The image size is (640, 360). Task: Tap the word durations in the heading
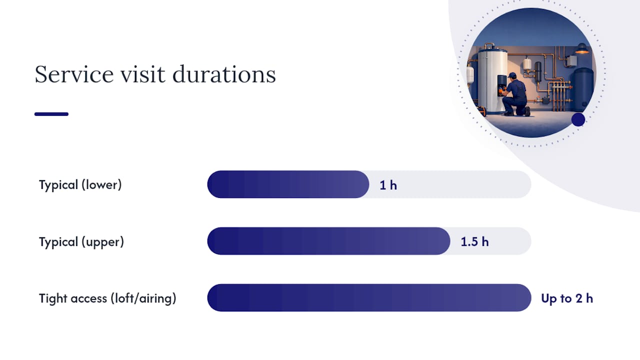pyautogui.click(x=224, y=74)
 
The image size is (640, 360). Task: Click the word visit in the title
pyautogui.click(x=143, y=74)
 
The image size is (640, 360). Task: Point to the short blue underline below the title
pyautogui.click(x=51, y=114)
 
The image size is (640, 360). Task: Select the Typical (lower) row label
pyautogui.click(x=80, y=185)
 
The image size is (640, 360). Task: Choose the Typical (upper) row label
pyautogui.click(x=81, y=241)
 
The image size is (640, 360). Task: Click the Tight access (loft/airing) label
pyautogui.click(x=107, y=298)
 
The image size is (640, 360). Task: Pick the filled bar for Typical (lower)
pyautogui.click(x=288, y=184)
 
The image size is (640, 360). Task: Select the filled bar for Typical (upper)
pyautogui.click(x=328, y=241)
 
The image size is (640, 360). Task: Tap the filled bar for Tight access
pyautogui.click(x=369, y=297)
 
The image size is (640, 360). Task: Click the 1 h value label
pyautogui.click(x=388, y=185)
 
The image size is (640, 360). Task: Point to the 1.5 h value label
pyautogui.click(x=474, y=242)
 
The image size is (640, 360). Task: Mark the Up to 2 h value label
pyautogui.click(x=567, y=298)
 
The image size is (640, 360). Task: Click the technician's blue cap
pyautogui.click(x=512, y=75)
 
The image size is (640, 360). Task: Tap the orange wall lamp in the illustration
pyautogui.click(x=582, y=48)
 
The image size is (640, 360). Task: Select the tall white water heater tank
pyautogui.click(x=492, y=80)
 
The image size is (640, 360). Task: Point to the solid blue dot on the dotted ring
pyautogui.click(x=578, y=119)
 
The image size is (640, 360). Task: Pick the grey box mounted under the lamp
pyautogui.click(x=571, y=60)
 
